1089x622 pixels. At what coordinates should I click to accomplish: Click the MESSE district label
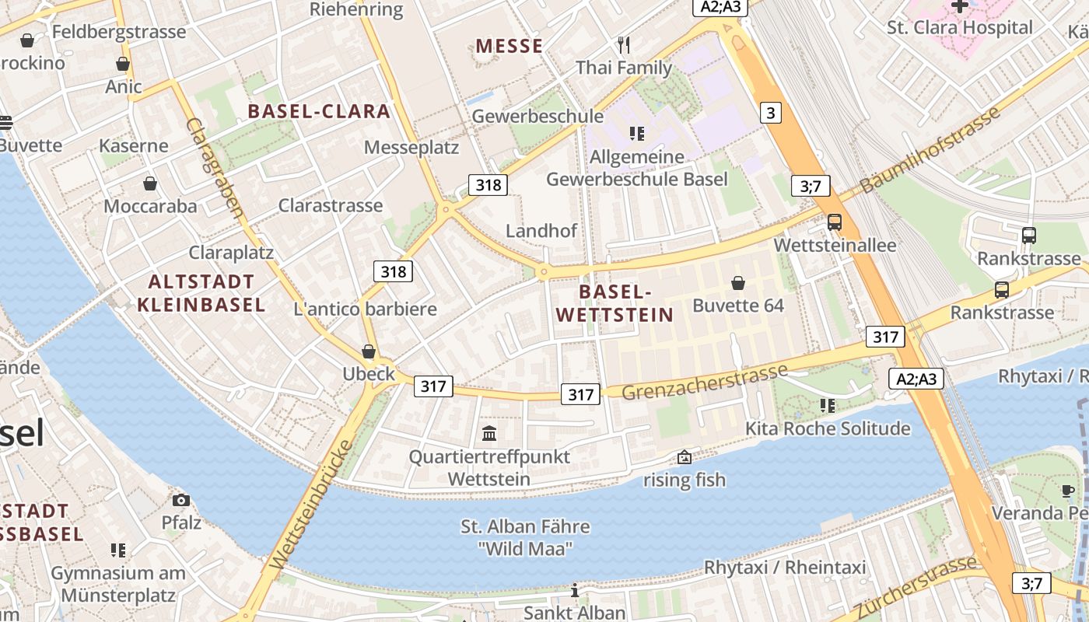coord(509,47)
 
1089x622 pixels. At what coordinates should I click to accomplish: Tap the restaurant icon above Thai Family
coord(623,44)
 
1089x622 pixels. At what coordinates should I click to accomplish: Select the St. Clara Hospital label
coord(960,28)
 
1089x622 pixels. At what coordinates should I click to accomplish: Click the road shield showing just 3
coord(769,114)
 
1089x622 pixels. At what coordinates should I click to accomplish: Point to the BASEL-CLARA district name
coord(319,111)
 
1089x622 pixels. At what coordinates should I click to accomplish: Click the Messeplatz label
coord(411,148)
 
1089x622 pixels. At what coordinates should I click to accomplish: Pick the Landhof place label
coord(541,231)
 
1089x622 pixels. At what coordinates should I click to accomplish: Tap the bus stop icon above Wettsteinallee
coord(835,222)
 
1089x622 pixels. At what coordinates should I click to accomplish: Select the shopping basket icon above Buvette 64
coord(737,283)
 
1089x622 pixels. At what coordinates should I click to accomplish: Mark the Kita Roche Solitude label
coord(828,428)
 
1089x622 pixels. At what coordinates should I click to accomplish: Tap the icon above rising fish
coord(685,457)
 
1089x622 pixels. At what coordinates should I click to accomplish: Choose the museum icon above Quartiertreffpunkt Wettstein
coord(489,433)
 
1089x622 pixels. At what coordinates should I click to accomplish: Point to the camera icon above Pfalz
coord(180,500)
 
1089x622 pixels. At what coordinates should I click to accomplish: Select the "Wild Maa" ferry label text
coord(525,549)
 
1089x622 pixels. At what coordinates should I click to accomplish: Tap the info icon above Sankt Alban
coord(575,591)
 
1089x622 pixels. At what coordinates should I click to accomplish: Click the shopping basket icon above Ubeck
coord(369,351)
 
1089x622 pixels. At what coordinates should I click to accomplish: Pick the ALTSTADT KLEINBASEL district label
coord(201,293)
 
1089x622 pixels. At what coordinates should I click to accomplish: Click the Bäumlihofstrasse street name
coord(930,150)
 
